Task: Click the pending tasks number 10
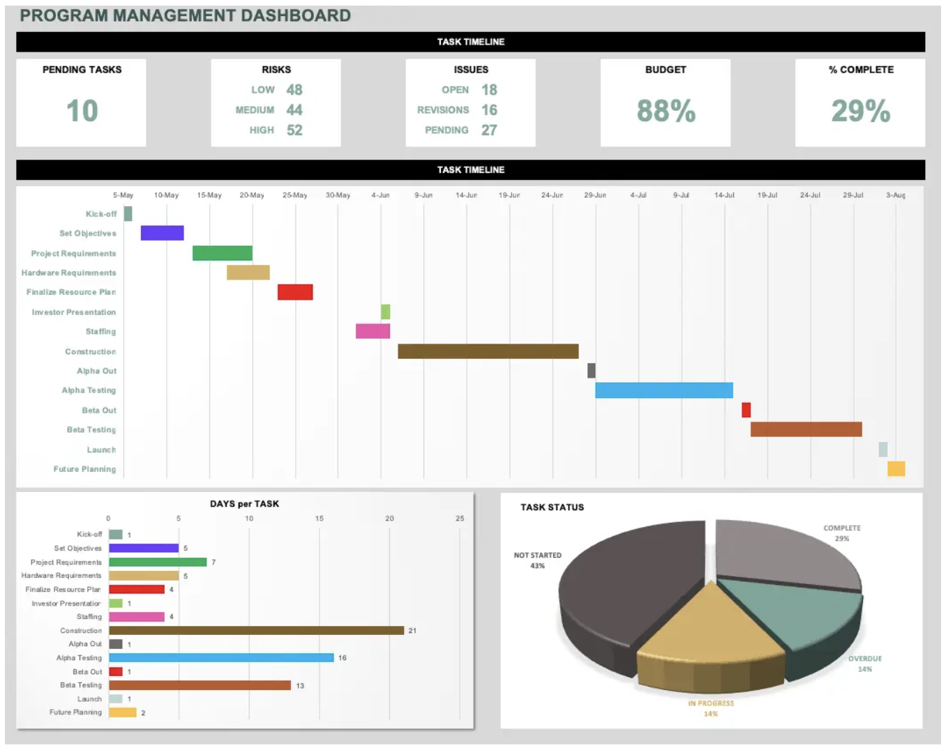[82, 111]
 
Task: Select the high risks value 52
[294, 130]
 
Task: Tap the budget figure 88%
[666, 111]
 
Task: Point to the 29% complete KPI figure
[860, 111]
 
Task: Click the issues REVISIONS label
[443, 110]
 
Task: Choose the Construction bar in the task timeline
[488, 351]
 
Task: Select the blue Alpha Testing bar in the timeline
[663, 390]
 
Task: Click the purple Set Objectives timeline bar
[162, 233]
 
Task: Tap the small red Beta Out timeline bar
[746, 410]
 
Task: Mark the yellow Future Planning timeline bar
[896, 468]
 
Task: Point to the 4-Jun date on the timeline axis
[380, 195]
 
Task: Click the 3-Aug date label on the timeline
[896, 195]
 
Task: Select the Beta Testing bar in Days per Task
[200, 685]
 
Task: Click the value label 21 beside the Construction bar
[412, 631]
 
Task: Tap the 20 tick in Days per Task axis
[389, 519]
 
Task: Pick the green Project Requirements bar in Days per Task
[158, 562]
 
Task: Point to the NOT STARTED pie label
[537, 556]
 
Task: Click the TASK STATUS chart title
[552, 507]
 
